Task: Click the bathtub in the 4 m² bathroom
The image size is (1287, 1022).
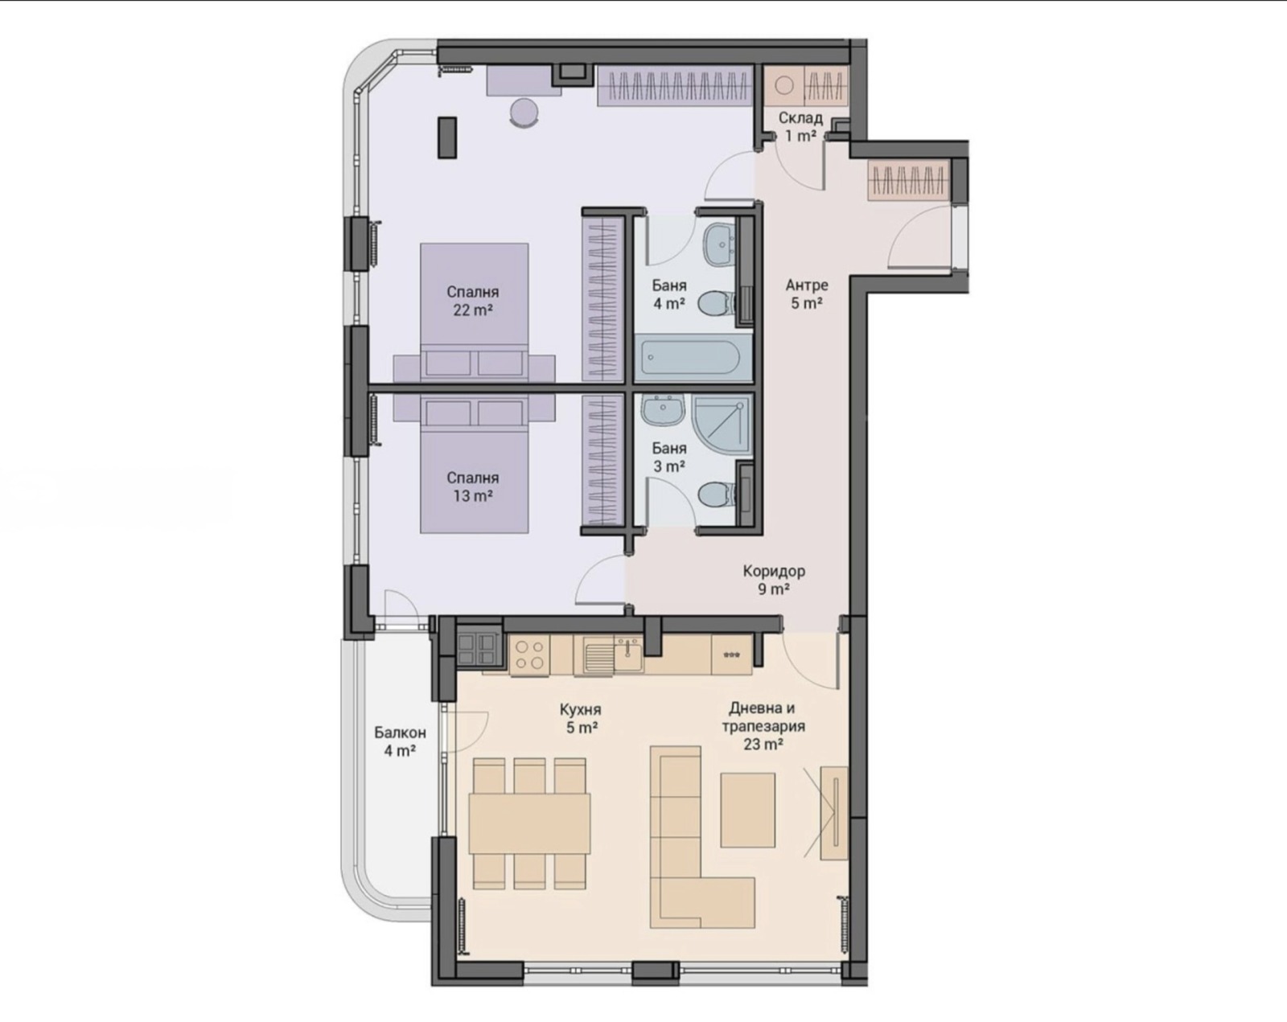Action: click(693, 358)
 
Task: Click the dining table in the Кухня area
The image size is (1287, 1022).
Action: click(529, 823)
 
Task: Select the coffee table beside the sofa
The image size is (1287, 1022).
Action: click(747, 811)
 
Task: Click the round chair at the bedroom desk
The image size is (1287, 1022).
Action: click(524, 112)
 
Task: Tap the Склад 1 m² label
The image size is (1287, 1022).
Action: click(800, 127)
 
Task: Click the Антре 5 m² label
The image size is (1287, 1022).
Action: click(807, 293)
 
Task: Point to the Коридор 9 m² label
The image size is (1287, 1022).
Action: click(774, 580)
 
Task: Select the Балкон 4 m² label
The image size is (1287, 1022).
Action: click(400, 741)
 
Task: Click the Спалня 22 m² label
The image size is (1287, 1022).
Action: click(472, 301)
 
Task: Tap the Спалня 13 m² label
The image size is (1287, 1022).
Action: click(472, 486)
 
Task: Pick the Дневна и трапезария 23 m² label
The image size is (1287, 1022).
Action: click(763, 726)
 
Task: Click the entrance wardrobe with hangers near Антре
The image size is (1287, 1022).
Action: click(908, 179)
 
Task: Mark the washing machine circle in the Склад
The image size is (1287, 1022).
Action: click(784, 86)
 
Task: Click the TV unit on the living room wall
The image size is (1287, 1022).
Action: click(833, 813)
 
